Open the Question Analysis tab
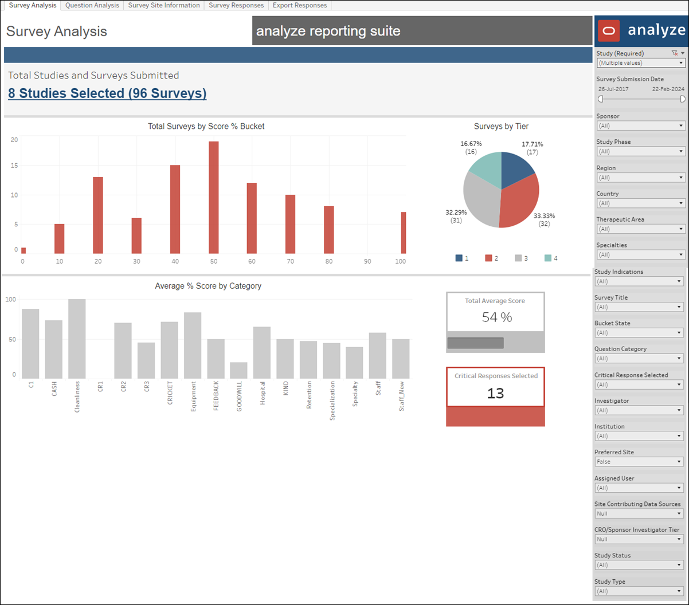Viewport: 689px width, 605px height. (x=92, y=5)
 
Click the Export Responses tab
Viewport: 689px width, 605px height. (x=300, y=5)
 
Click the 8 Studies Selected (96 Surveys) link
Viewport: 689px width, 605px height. (x=107, y=93)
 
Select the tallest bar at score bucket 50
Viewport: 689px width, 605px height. (x=213, y=197)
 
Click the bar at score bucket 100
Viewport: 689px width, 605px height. (x=404, y=233)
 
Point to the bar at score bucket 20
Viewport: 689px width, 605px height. (x=98, y=215)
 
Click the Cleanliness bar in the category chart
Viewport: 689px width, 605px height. (x=77, y=339)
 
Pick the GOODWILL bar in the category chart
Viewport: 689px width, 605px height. (x=238, y=370)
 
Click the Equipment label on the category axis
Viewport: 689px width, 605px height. (x=193, y=396)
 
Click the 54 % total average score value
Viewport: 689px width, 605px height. (x=496, y=317)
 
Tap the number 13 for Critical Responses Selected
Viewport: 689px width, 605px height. (x=495, y=393)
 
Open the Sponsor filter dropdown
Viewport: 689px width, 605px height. (x=640, y=125)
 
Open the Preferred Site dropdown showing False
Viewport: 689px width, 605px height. (x=639, y=462)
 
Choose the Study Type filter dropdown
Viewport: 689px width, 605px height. (x=639, y=591)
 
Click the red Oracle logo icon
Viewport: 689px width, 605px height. (x=609, y=30)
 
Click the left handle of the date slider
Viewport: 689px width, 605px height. (x=601, y=99)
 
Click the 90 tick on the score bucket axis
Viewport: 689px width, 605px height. (x=367, y=261)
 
